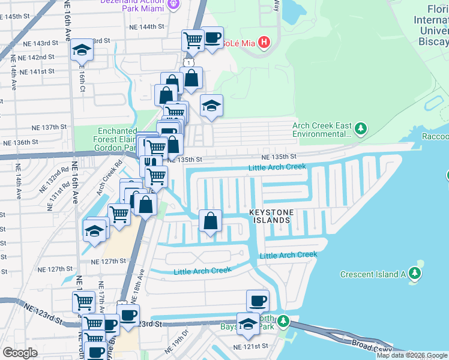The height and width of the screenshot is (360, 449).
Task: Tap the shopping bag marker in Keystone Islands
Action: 210,221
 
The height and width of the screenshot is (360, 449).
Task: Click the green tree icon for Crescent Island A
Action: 415,274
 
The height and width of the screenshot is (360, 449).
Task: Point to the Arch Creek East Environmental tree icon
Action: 360,129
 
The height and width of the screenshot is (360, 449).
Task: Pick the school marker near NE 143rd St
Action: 81,51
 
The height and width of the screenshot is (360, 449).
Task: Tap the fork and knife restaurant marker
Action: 151,164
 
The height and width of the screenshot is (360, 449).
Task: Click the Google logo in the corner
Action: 20,352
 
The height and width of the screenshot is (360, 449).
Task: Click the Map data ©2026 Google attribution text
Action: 412,355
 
